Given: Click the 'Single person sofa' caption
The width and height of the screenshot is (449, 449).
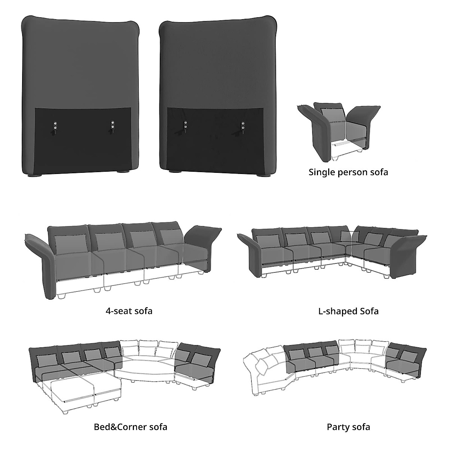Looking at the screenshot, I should click(348, 172).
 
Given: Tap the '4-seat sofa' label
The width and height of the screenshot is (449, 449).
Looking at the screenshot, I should click(129, 311).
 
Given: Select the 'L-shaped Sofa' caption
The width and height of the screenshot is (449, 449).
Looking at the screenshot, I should click(348, 311).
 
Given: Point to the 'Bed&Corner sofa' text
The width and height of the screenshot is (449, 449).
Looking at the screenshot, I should click(131, 427).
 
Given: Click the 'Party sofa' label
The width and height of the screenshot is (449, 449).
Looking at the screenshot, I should click(348, 427).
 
